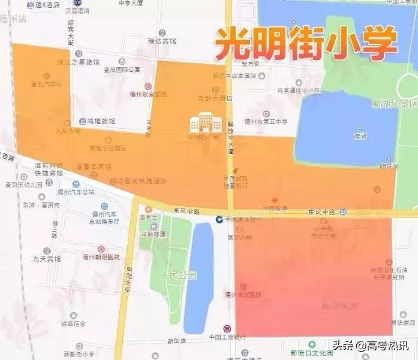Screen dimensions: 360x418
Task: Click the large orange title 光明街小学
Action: (x=306, y=43)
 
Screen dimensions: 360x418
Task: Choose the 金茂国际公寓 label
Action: (x=122, y=69)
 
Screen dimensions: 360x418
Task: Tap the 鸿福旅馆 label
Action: (x=100, y=120)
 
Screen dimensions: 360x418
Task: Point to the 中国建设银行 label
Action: (x=243, y=219)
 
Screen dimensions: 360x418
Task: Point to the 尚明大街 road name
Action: (x=128, y=279)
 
